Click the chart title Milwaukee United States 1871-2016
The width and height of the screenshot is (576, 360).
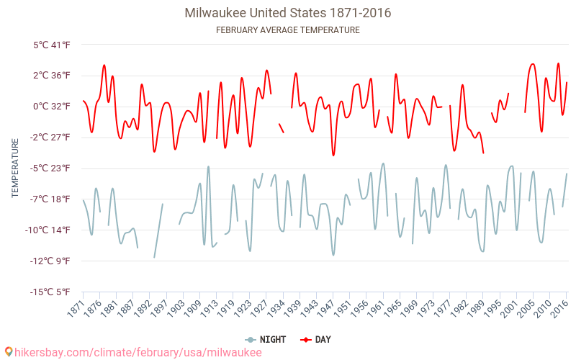coord(288,13)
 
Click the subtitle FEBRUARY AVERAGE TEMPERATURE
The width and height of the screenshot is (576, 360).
coord(288,30)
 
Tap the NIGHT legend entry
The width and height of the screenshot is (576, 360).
coord(266,339)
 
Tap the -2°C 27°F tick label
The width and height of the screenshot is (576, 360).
coord(50,138)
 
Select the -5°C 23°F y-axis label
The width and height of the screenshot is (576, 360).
coord(50,168)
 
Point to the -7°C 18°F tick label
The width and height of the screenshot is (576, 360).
coord(50,199)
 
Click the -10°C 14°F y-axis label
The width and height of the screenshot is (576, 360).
coord(49,230)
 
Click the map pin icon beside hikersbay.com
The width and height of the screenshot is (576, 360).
coord(8,352)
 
